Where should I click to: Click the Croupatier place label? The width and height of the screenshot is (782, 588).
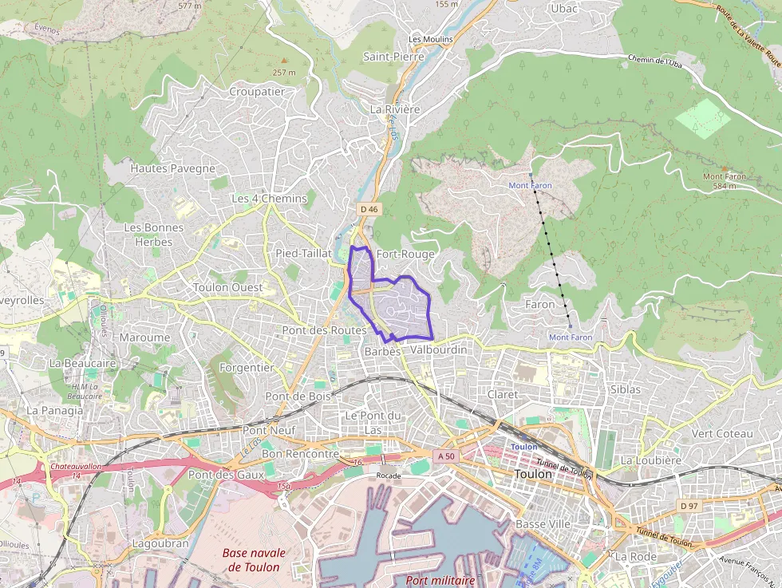[257, 92]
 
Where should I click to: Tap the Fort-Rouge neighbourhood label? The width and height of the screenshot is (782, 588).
[405, 255]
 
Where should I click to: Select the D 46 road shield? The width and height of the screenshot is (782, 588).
[368, 209]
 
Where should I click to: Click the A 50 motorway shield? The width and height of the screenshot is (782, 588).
[446, 456]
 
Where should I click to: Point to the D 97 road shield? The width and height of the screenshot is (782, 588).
[689, 506]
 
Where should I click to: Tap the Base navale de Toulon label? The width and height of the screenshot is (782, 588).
[254, 559]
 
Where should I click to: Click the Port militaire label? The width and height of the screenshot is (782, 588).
[440, 580]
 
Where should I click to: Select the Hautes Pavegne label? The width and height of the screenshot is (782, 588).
[173, 168]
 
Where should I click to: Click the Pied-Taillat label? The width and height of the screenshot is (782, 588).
[303, 253]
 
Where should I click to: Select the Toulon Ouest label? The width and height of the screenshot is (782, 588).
[228, 287]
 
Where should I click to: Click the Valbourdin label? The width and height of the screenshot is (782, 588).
[438, 350]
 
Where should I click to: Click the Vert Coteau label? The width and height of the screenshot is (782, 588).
[722, 433]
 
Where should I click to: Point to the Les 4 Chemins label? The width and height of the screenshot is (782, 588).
[269, 198]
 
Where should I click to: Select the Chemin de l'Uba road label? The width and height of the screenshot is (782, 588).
[655, 60]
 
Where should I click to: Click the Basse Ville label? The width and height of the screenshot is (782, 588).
[543, 524]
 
